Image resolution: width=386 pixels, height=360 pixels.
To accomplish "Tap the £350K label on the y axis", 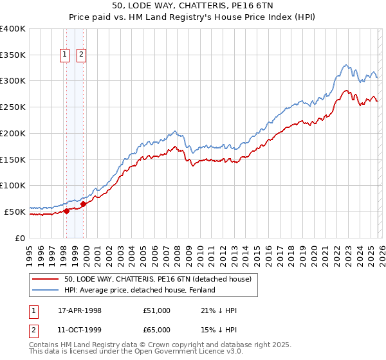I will [x=13, y=55].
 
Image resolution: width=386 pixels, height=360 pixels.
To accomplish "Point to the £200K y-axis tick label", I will [x=13, y=133].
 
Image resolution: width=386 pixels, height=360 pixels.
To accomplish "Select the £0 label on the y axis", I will [x=19, y=238].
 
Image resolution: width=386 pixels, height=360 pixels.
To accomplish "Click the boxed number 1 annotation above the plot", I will [x=66, y=55].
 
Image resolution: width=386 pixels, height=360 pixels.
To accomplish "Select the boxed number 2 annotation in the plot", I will [x=82, y=55].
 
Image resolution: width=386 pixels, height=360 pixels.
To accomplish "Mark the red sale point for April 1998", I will [x=66, y=211].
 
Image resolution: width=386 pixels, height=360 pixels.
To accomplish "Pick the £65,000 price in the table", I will [x=157, y=329].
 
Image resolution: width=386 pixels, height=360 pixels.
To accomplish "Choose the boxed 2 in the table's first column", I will [x=33, y=329].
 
